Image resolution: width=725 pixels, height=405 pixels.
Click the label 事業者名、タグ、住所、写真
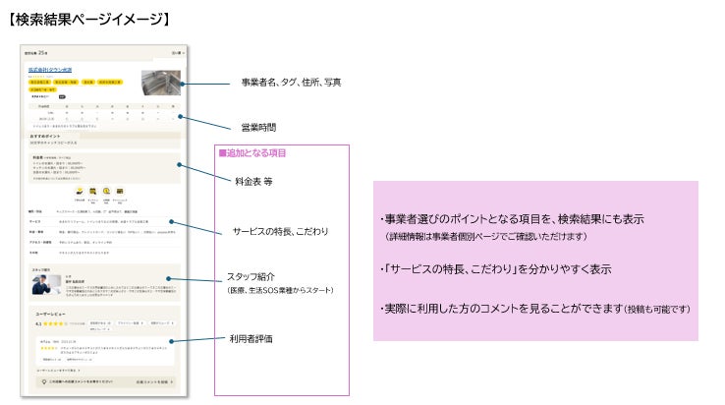coord(292,83)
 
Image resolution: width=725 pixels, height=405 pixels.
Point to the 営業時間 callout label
coord(259,128)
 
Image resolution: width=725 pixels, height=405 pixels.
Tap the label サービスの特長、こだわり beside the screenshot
coord(281,232)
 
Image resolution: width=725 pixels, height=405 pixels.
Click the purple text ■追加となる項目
coord(252,154)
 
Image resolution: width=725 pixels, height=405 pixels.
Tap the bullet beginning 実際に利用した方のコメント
coord(534,309)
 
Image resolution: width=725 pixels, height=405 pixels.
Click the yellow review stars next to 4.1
coord(55,322)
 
